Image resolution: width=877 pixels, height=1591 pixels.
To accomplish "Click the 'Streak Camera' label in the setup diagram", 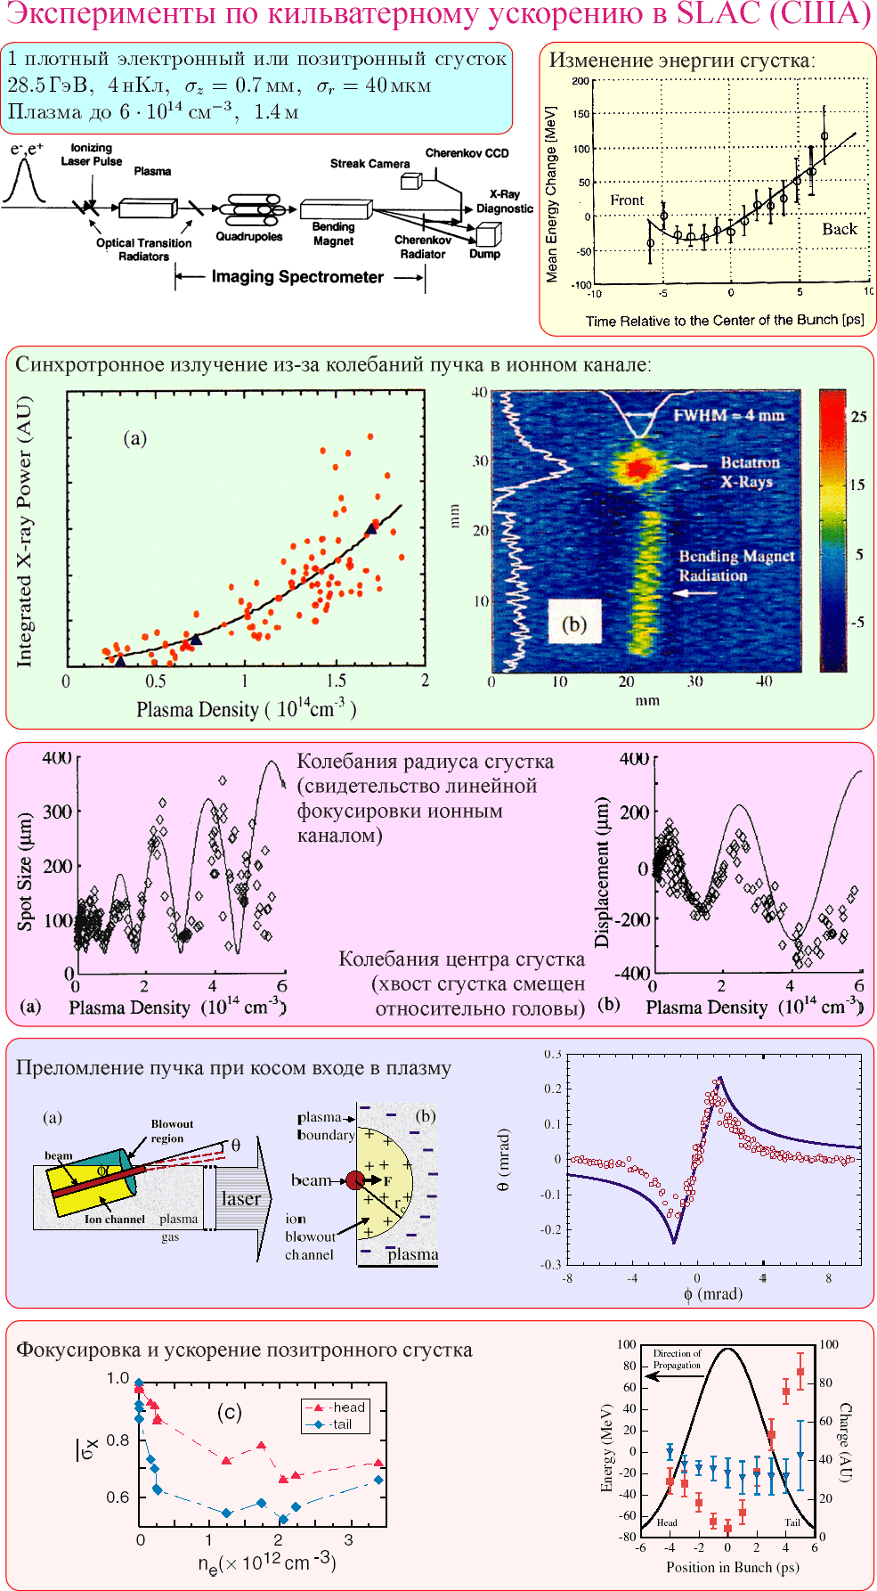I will [x=369, y=164].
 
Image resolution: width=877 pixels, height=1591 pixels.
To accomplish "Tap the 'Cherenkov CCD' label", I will [x=467, y=153].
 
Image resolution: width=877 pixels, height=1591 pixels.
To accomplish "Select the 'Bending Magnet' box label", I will [x=333, y=233].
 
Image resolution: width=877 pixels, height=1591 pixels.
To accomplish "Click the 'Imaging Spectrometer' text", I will [x=297, y=277].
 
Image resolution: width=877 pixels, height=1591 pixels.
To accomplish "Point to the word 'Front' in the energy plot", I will [x=627, y=200].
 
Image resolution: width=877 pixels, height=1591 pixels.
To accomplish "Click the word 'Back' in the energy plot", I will [x=839, y=229].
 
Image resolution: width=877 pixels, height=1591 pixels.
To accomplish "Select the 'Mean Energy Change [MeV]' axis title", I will [x=552, y=194].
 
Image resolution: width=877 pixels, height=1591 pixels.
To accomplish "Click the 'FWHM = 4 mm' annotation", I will [x=728, y=415].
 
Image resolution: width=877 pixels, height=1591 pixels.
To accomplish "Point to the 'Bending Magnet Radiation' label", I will [x=736, y=566].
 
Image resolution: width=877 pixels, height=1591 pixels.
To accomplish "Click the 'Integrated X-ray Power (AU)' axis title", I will [x=24, y=532].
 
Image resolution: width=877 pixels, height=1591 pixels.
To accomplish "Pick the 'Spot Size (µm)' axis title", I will [x=25, y=871].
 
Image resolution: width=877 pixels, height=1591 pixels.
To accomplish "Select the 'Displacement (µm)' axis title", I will [x=603, y=871].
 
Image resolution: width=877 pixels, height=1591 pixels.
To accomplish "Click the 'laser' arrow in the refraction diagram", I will [x=240, y=1198].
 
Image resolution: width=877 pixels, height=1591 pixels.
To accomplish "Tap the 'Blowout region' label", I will [x=171, y=1130].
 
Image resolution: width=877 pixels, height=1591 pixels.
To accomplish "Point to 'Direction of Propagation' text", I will [x=677, y=1358].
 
